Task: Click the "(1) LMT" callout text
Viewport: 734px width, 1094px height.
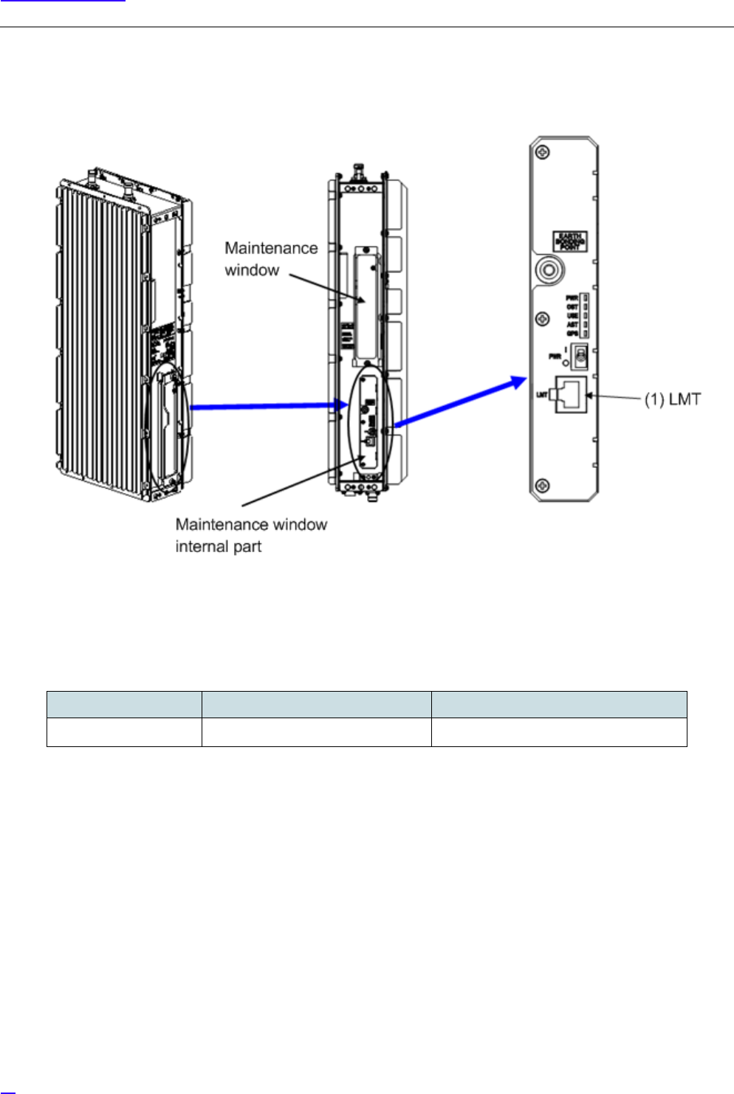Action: point(672,399)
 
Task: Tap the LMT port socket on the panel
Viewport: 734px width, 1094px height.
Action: point(571,394)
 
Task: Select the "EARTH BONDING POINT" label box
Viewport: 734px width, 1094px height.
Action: point(570,241)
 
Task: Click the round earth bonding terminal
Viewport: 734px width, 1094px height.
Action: point(547,271)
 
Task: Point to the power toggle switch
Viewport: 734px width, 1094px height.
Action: point(580,355)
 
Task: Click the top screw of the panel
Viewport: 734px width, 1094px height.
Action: point(542,153)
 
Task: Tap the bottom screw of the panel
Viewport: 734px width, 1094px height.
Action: point(542,485)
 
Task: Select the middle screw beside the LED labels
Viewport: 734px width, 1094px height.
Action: point(542,319)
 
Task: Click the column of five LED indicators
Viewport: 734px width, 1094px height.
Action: point(585,315)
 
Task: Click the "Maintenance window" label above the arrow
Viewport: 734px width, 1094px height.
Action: point(271,258)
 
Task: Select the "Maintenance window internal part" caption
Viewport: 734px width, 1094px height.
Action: point(251,535)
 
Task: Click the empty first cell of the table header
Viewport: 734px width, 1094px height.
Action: point(124,704)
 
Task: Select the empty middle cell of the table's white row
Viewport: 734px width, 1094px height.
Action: point(316,732)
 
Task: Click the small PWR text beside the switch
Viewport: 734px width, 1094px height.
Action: point(555,357)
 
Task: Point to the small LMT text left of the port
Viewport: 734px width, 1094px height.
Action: point(541,395)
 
